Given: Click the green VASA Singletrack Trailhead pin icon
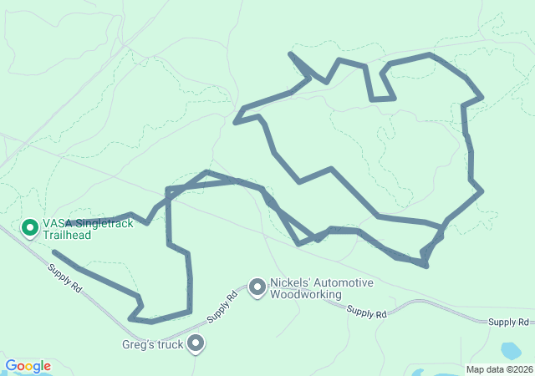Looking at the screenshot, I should [29, 226].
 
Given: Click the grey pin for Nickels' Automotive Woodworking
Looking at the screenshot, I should [257, 287].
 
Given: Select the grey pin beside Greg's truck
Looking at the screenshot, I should [196, 343].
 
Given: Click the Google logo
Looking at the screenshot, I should [28, 366].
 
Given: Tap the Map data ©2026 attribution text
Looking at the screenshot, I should [498, 369].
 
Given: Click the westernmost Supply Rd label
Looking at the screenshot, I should [64, 278].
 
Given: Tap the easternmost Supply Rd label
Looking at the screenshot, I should [509, 322].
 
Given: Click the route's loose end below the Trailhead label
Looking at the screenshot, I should [53, 252].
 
